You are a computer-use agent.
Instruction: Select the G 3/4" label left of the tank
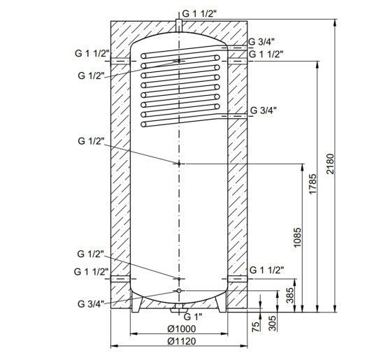(x=91, y=303)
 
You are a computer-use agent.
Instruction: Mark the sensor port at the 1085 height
(x=180, y=164)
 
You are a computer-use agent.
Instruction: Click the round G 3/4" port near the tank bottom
(x=180, y=290)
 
